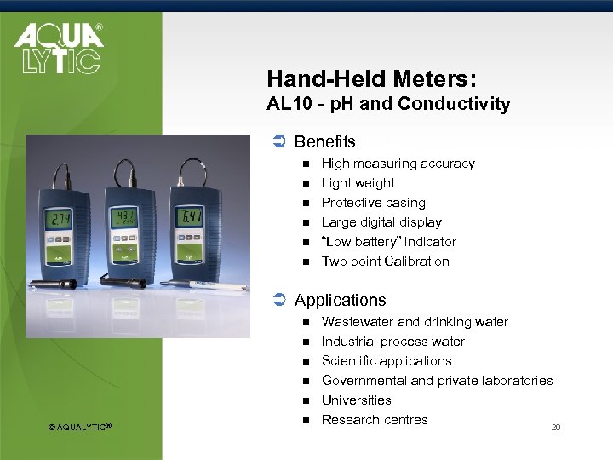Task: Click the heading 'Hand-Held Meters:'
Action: pos(371,79)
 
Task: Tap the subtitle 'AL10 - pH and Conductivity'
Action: pos(388,105)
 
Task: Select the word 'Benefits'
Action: pos(324,142)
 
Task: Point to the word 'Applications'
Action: pos(340,301)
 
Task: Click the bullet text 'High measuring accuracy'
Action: pos(398,164)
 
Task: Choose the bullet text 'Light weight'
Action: pos(358,183)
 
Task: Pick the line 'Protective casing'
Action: pos(373,203)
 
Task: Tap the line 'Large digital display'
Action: pos(381,222)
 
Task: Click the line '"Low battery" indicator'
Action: pos(388,242)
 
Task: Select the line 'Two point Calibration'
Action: pos(385,262)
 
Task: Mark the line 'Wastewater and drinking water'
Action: pos(415,322)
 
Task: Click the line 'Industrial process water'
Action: pos(392,342)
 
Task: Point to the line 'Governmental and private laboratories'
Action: pos(437,381)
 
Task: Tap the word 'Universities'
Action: pos(356,400)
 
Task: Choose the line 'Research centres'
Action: pos(375,420)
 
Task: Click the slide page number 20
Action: pos(556,428)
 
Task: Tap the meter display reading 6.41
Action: pos(189,217)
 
